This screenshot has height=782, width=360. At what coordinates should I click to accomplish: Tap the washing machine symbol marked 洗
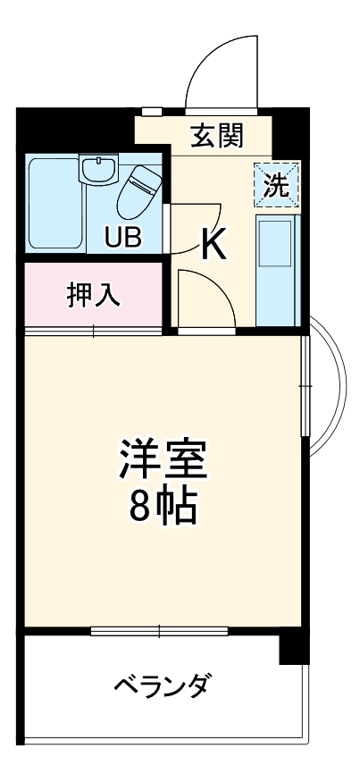(x=277, y=184)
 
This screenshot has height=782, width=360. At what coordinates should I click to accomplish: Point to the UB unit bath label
(x=123, y=238)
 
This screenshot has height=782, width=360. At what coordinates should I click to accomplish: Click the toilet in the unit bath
(x=138, y=190)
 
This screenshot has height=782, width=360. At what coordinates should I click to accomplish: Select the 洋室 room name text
(x=163, y=458)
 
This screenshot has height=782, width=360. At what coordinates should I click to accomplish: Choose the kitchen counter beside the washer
(x=277, y=268)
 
